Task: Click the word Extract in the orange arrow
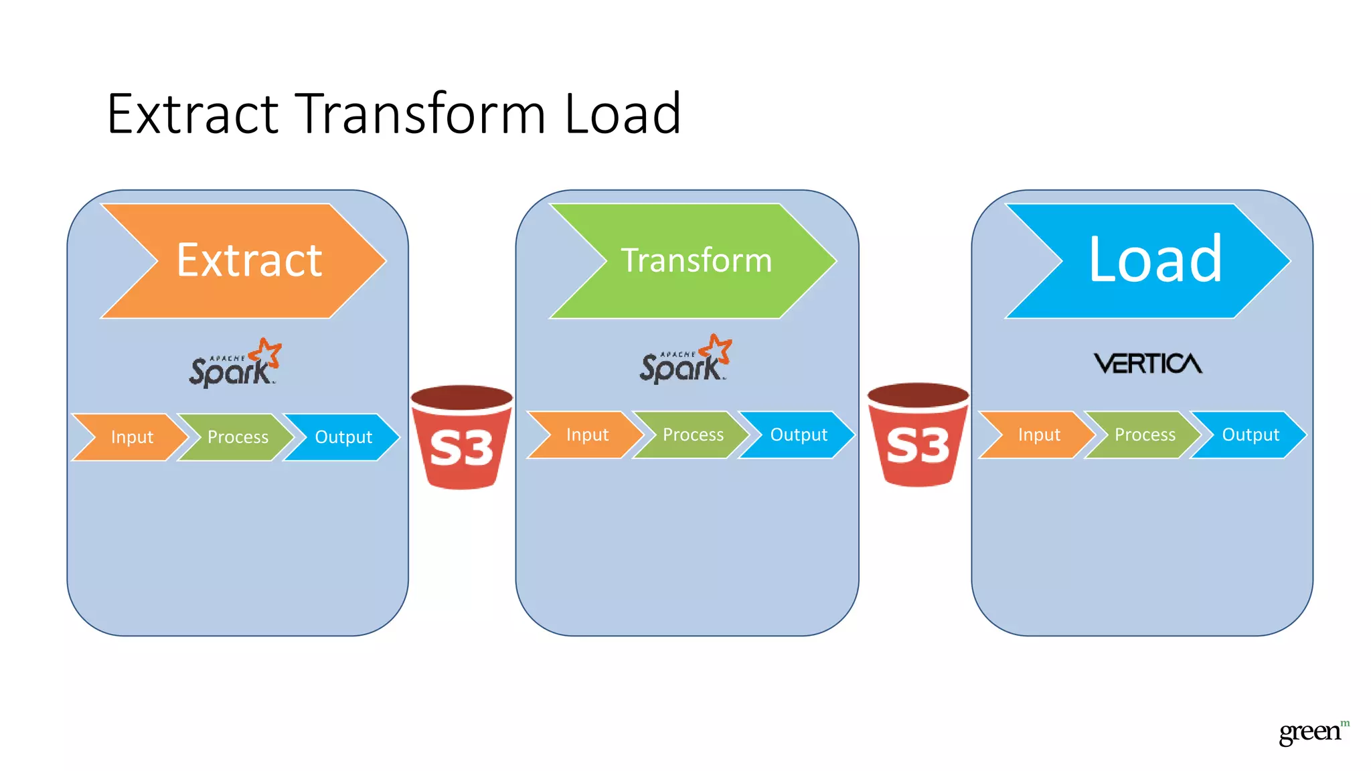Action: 249,260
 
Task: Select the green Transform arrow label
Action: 696,260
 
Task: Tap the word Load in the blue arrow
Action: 1155,260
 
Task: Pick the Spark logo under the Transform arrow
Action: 684,361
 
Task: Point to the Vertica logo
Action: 1147,363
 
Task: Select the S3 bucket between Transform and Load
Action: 918,435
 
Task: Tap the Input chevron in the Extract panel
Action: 132,437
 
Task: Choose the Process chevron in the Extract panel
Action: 238,437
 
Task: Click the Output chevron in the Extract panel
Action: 343,437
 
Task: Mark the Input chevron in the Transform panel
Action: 587,435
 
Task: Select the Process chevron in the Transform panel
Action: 693,435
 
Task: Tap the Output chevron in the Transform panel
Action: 799,435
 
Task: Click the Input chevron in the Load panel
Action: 1039,435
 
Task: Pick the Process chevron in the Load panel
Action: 1145,435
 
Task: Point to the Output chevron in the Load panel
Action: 1251,435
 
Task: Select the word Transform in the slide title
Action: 421,114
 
